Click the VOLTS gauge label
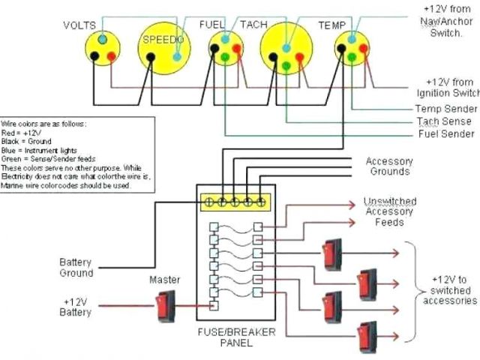click(x=79, y=25)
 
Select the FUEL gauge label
click(x=212, y=25)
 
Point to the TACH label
click(x=253, y=25)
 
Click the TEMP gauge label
click(x=331, y=25)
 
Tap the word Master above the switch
click(x=165, y=280)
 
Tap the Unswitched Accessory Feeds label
click(x=389, y=211)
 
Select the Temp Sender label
click(x=446, y=109)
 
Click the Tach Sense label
click(x=444, y=121)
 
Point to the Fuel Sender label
click(x=446, y=134)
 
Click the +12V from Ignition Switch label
click(x=448, y=87)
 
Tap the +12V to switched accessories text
click(x=451, y=289)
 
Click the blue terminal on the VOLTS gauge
click(x=101, y=38)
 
